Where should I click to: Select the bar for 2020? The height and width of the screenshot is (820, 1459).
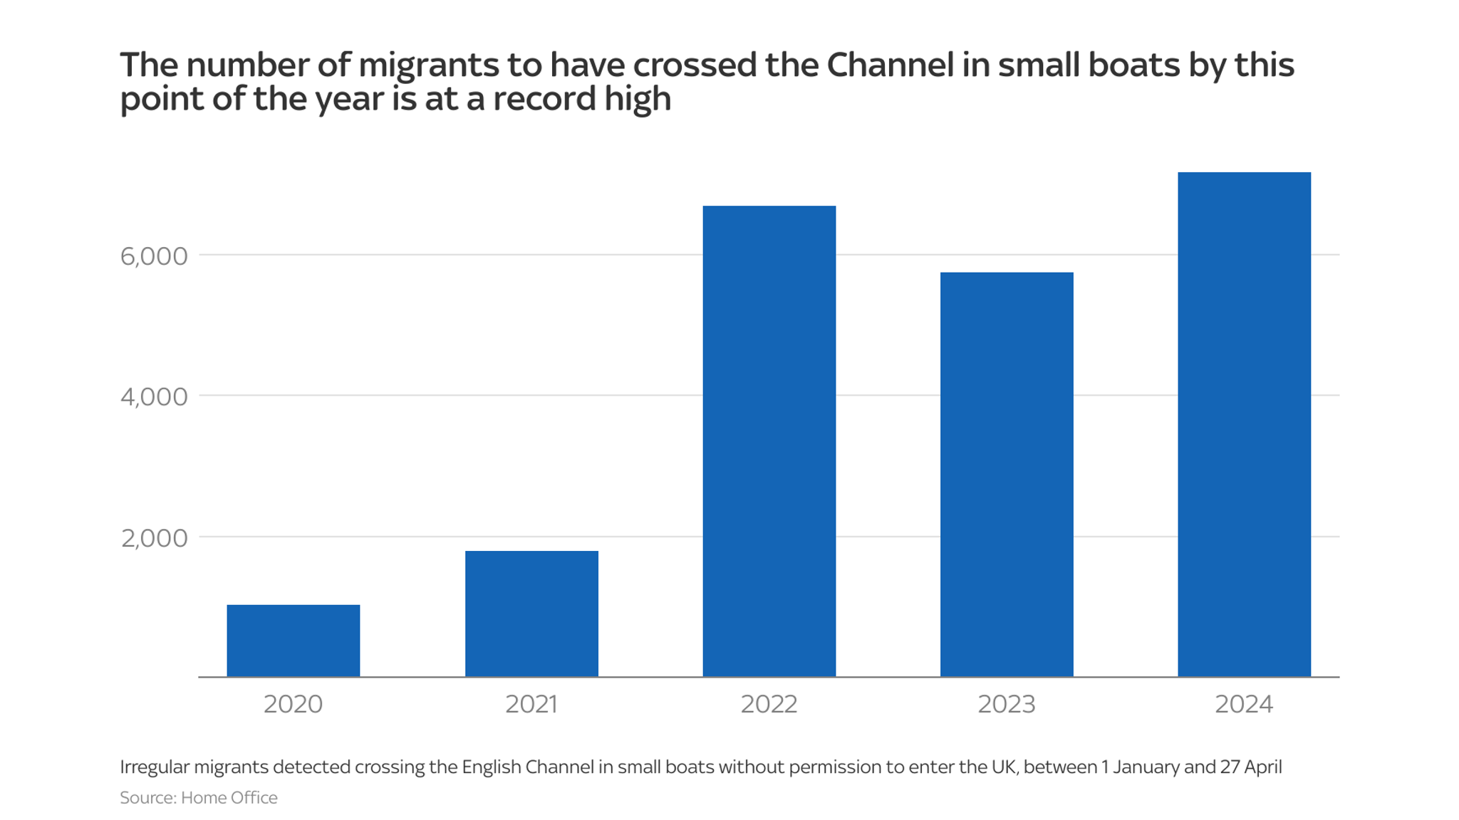tap(293, 640)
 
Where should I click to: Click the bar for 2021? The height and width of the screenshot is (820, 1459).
tap(531, 613)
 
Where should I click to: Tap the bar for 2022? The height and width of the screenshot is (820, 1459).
tap(769, 441)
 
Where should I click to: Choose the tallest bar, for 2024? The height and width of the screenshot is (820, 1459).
tap(1243, 424)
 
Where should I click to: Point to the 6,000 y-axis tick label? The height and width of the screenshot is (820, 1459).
tap(154, 256)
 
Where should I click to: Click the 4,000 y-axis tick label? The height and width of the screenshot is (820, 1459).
tap(154, 397)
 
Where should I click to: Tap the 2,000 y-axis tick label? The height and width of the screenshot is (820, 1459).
tap(154, 538)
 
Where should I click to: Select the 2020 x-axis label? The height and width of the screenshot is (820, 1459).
tap(293, 704)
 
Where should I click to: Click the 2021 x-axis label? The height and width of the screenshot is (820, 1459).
tap(531, 704)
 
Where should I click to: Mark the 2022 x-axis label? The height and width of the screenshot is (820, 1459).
tap(769, 704)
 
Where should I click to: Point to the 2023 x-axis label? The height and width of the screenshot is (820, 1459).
tap(1006, 704)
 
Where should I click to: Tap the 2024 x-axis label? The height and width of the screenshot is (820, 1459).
tap(1243, 704)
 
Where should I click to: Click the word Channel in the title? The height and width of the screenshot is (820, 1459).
tap(890, 65)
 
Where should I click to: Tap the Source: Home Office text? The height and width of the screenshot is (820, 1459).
tap(198, 797)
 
